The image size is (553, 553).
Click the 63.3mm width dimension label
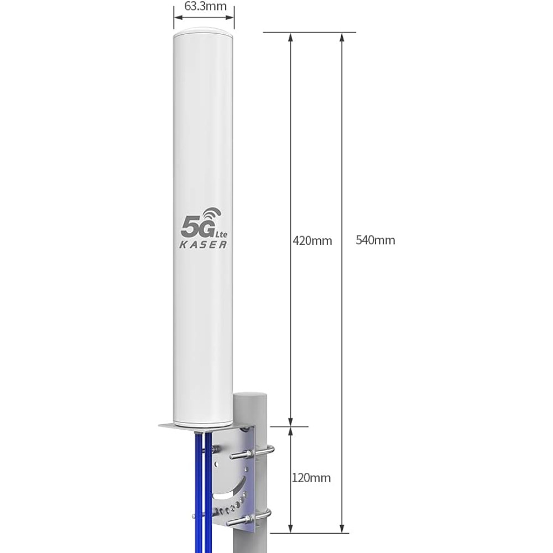(205, 6)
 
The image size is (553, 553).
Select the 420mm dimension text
(312, 241)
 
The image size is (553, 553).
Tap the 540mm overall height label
(375, 240)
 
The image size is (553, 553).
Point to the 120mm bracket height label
(311, 478)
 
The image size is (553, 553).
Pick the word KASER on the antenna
(203, 244)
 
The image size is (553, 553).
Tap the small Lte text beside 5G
(222, 234)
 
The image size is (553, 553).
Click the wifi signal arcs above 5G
(212, 215)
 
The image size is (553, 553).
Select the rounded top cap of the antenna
(204, 31)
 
